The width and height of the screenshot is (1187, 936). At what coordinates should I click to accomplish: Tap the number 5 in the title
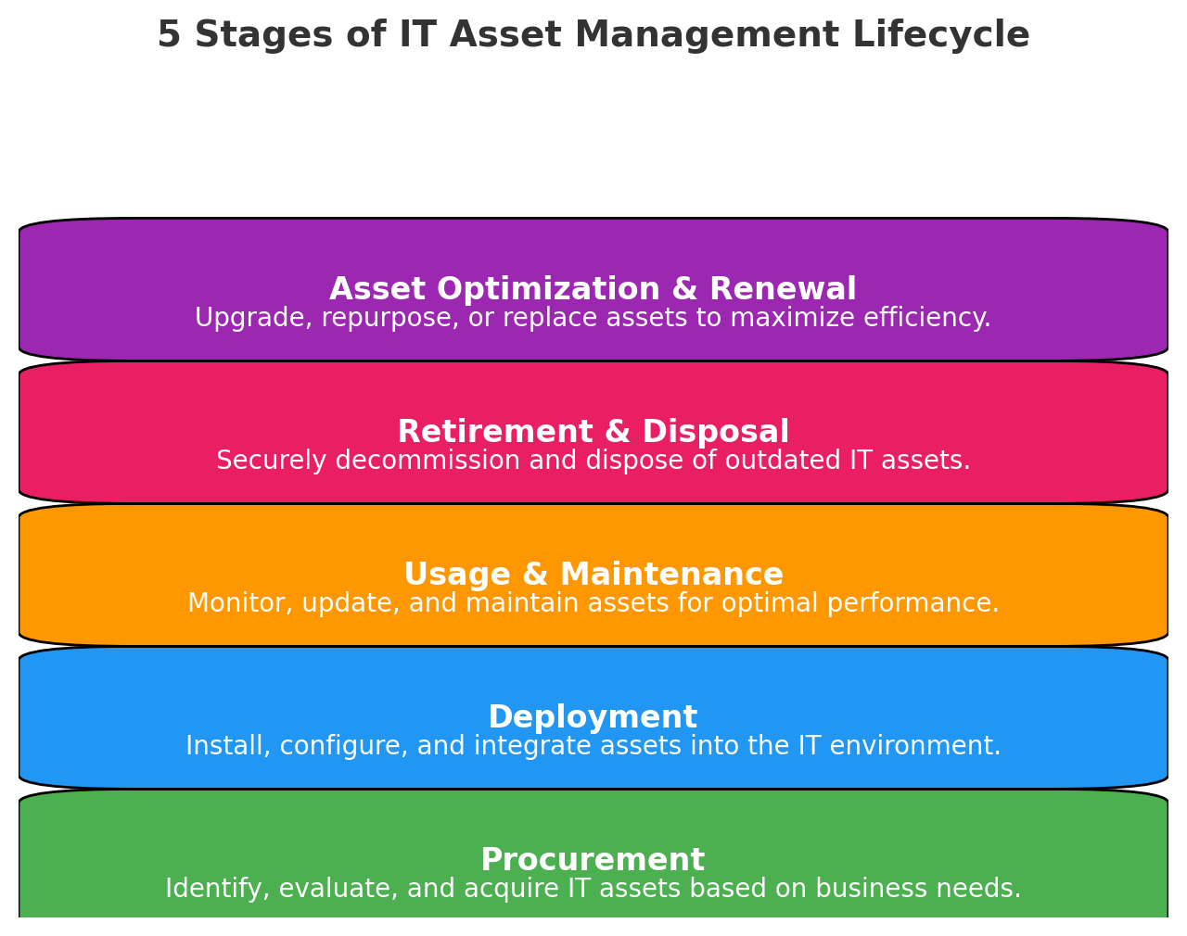click(x=169, y=35)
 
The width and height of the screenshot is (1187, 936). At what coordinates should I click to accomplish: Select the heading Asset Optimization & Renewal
click(x=593, y=289)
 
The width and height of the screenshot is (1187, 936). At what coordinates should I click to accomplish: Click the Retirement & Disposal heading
click(x=593, y=432)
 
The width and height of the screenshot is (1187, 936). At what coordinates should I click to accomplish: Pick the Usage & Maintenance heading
click(x=593, y=575)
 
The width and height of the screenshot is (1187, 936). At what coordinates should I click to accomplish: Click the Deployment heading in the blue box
click(x=593, y=717)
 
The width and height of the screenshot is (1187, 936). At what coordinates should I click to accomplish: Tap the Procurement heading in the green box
click(x=593, y=860)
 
